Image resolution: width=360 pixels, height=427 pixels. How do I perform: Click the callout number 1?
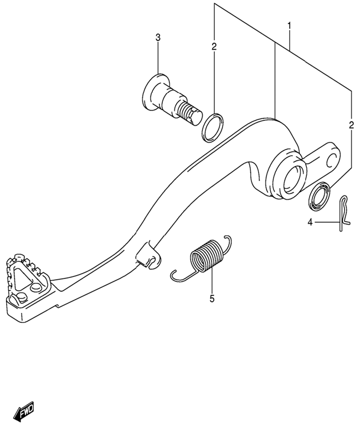289,26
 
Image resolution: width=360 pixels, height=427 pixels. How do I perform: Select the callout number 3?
158,38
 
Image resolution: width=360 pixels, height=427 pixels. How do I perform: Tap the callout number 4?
310,223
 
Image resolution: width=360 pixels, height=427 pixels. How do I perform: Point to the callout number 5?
212,299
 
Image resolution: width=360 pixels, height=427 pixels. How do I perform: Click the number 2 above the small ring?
214,47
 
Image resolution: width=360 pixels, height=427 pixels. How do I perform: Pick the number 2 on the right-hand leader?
351,125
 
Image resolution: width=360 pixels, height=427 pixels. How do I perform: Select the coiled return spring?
201,256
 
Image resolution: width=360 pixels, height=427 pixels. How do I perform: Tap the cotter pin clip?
344,213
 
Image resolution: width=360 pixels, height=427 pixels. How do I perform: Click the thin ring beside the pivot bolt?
213,127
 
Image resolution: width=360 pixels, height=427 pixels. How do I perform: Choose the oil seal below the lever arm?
319,196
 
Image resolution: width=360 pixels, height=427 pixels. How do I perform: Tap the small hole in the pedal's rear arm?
332,161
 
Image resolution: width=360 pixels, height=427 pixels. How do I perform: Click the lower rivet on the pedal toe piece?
20,297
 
